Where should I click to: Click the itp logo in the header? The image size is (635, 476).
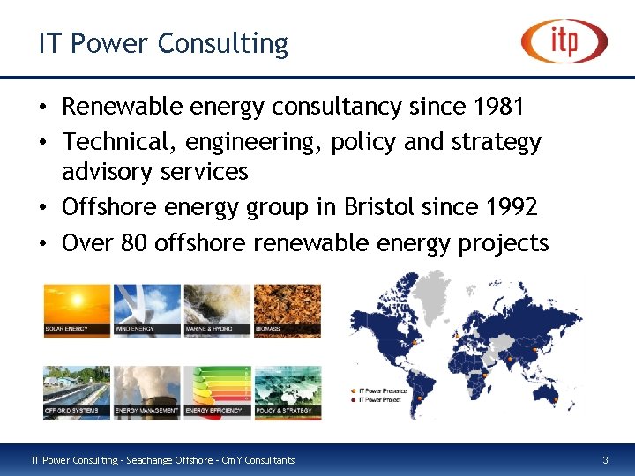(564, 41)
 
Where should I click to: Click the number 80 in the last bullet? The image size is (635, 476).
(132, 242)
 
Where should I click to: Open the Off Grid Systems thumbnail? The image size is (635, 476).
(77, 391)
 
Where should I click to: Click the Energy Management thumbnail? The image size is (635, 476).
(147, 391)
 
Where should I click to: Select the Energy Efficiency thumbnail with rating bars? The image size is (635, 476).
(217, 391)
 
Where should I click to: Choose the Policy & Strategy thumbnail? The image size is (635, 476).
(288, 391)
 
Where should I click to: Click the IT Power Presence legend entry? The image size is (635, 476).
(381, 390)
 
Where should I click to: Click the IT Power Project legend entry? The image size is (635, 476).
(379, 399)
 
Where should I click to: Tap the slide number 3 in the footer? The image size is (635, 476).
(605, 460)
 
